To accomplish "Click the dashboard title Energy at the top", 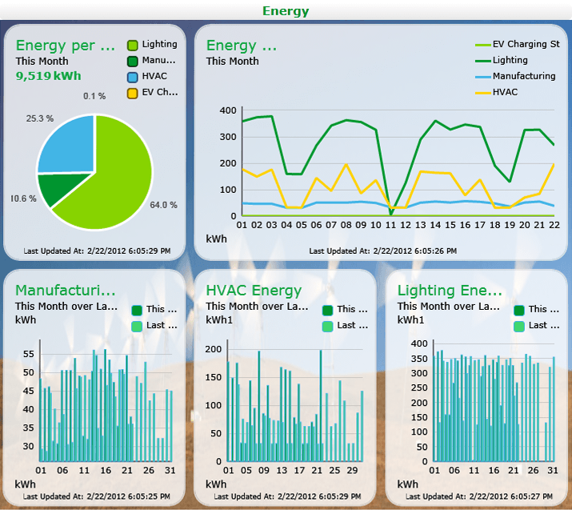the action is click(x=286, y=11).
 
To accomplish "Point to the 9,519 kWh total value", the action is click(x=49, y=76).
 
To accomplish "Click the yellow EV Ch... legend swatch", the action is click(x=132, y=93).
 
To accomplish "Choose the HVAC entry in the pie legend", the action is click(x=147, y=77).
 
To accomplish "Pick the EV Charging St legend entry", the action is click(x=518, y=44).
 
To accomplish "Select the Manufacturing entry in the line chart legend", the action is click(x=515, y=76).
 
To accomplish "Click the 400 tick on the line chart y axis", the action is click(x=228, y=110).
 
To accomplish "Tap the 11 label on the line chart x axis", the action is click(x=390, y=225).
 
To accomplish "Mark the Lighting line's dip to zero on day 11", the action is click(x=391, y=215).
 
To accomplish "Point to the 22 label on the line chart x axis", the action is click(x=554, y=225).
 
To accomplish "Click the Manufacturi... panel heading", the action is click(x=66, y=291).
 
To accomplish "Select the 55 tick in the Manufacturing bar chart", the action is click(x=29, y=354).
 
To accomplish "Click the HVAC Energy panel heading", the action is click(x=254, y=291).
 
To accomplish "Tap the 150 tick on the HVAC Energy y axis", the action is click(x=214, y=377).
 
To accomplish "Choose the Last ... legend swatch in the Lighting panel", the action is click(x=518, y=327).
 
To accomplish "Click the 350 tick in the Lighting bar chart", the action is click(x=419, y=359).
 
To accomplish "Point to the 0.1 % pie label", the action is click(x=94, y=96).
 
